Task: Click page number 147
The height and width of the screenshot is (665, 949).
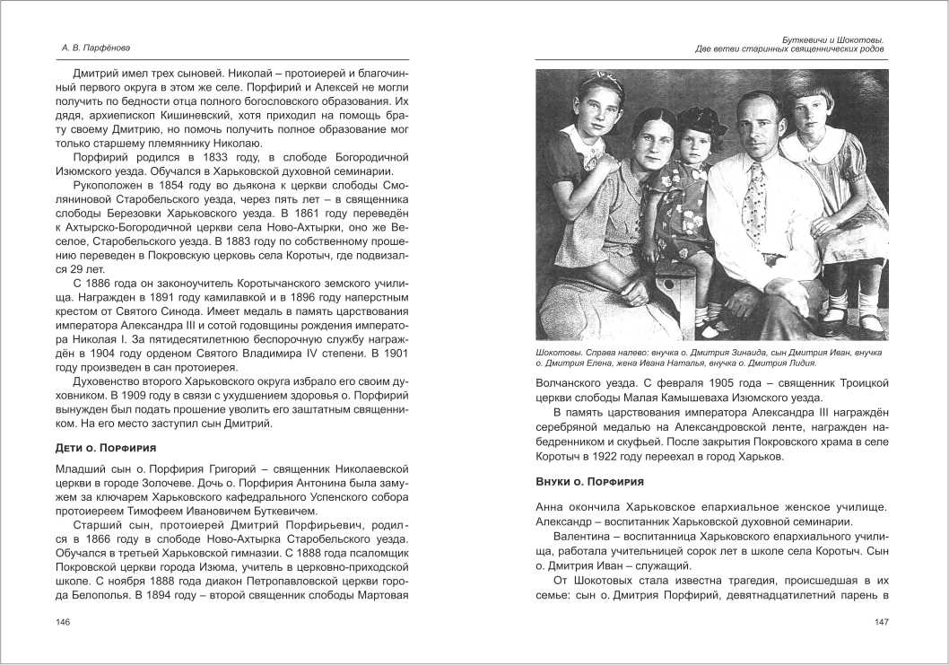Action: click(880, 623)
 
